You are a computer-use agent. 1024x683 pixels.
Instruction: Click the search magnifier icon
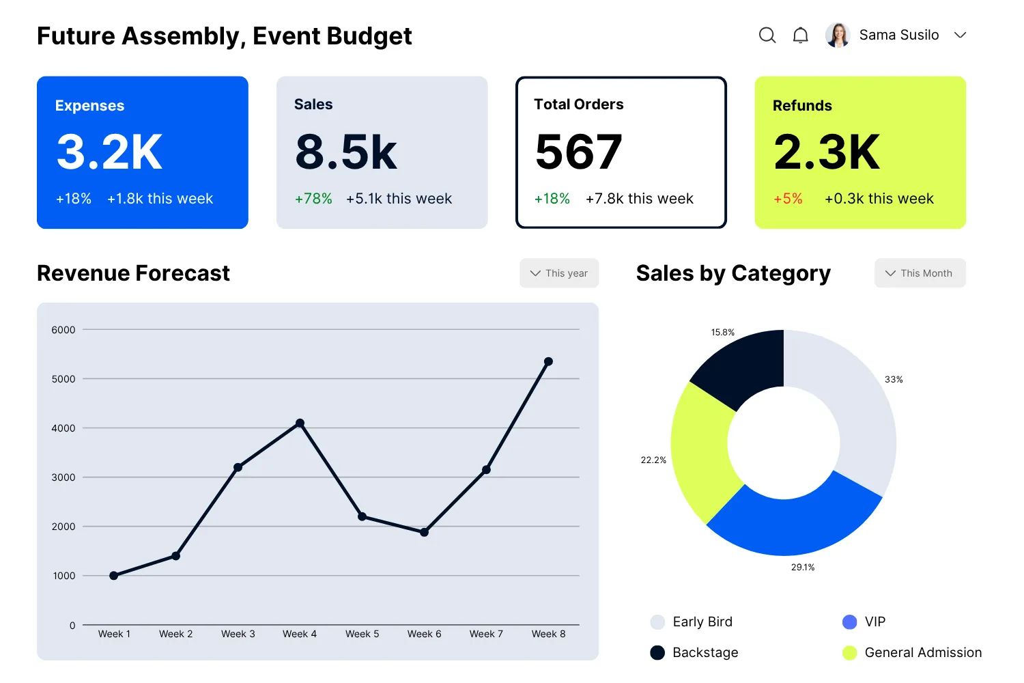767,35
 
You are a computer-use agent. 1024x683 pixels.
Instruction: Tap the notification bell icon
801,35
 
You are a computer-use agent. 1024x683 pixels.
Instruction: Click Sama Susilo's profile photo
838,35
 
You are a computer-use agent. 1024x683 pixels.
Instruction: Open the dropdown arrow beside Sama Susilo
960,35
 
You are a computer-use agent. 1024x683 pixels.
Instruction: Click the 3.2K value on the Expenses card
109,152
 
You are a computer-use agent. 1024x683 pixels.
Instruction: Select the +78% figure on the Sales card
313,199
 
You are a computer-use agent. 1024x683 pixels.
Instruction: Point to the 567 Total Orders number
579,152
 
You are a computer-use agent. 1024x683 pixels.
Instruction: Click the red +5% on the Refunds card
788,199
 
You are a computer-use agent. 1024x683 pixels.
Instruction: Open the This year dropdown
559,273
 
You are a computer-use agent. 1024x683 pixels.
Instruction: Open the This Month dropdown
920,273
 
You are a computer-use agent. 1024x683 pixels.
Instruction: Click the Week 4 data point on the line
300,423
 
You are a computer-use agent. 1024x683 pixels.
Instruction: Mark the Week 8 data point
548,361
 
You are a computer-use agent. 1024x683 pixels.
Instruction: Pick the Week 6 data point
424,532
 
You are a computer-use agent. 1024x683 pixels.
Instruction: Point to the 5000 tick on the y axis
63,379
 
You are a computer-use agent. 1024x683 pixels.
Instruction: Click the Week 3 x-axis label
238,634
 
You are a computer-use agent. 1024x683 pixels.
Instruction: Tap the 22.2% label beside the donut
653,460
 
